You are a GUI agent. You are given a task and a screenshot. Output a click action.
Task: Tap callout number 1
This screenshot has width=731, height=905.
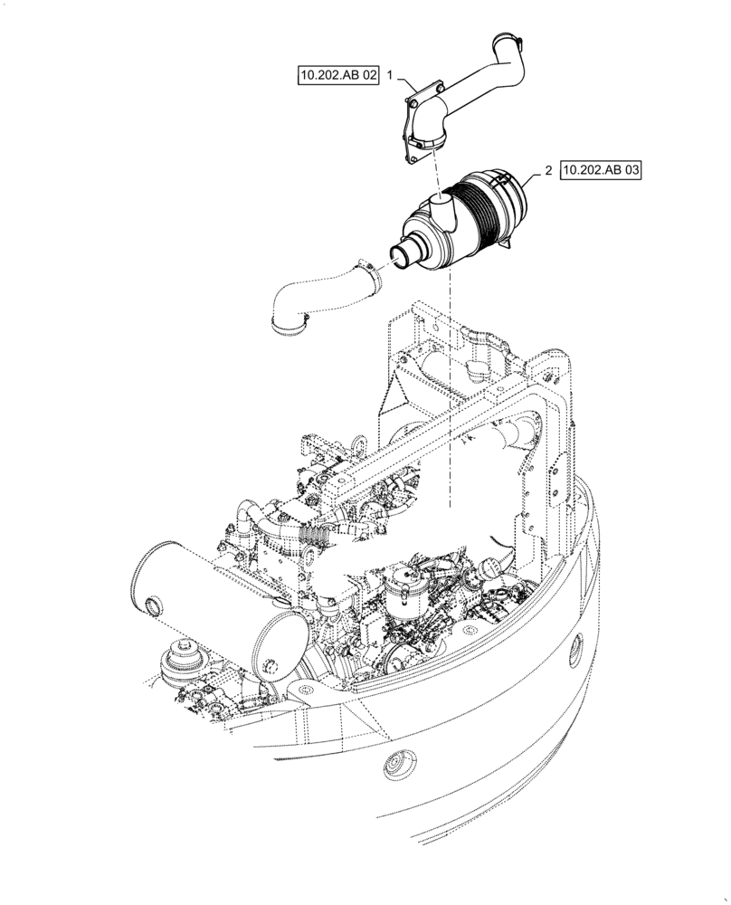pyautogui.click(x=390, y=76)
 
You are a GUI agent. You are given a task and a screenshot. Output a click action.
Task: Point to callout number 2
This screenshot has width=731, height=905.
pyautogui.click(x=548, y=170)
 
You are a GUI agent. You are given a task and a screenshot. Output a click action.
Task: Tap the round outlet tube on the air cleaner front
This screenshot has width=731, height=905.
pyautogui.click(x=405, y=254)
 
